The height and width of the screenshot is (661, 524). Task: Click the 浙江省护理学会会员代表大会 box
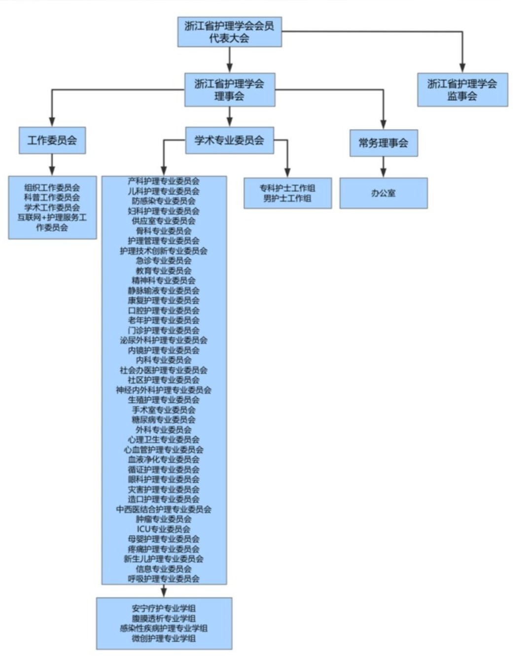(229, 32)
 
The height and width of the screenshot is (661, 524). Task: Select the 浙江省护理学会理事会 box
(229, 90)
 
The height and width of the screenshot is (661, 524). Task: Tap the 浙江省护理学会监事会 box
(462, 90)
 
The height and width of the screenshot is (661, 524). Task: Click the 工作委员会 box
(52, 140)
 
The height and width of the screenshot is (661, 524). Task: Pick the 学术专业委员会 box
(229, 140)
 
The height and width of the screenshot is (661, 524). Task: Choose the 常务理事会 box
(383, 143)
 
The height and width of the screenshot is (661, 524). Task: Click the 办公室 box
(383, 193)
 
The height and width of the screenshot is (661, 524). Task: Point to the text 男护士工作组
(287, 198)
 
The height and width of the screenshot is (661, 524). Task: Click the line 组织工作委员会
(52, 187)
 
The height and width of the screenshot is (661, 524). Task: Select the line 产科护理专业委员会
(164, 181)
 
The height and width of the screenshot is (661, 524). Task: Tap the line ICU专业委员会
(164, 529)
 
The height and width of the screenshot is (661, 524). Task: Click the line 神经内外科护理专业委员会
(164, 390)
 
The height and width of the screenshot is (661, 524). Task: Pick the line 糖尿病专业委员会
(164, 419)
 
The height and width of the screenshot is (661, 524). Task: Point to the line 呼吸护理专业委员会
(164, 579)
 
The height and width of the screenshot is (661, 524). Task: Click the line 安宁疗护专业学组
(164, 608)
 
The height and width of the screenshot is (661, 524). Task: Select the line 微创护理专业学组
(164, 638)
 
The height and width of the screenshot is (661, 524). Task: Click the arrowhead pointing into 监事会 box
(462, 68)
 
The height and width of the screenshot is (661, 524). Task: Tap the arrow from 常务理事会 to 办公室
(383, 168)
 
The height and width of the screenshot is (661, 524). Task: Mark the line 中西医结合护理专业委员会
(164, 509)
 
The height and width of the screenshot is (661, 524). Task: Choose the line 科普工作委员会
(52, 197)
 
